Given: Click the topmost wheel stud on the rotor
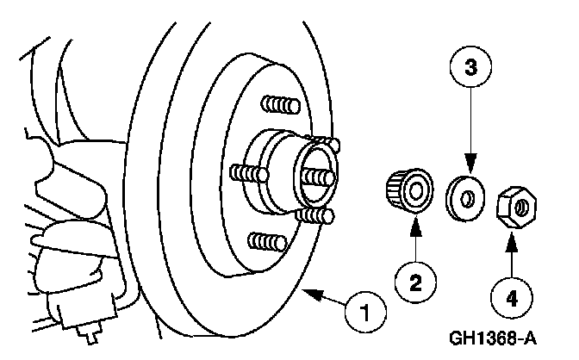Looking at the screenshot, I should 277,106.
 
